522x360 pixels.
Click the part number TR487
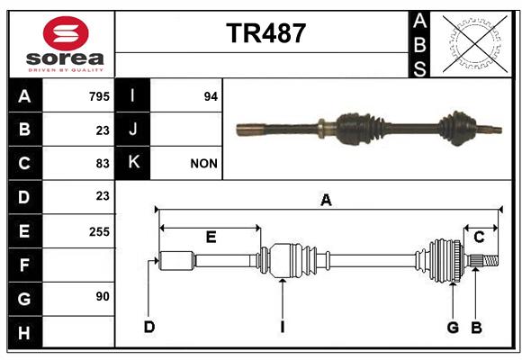[265, 33]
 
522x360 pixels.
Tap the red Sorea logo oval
[66, 33]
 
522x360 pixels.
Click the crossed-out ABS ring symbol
[475, 43]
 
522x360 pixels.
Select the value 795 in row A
[99, 96]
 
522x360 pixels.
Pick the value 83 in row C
[103, 164]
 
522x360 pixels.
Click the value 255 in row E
[99, 231]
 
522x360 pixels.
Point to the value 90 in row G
[103, 296]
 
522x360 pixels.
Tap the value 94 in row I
[211, 96]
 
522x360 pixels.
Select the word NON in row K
[203, 164]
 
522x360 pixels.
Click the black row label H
[25, 332]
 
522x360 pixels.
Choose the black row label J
[132, 129]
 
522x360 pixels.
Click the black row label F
[25, 265]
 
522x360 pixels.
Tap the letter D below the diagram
[149, 327]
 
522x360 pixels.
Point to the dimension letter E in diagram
[211, 237]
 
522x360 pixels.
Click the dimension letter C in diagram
[479, 237]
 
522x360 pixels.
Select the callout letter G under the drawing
[453, 328]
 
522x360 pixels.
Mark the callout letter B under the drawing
[476, 328]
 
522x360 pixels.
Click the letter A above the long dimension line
[326, 200]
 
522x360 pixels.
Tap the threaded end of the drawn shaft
[490, 260]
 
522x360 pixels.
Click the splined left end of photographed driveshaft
[251, 130]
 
